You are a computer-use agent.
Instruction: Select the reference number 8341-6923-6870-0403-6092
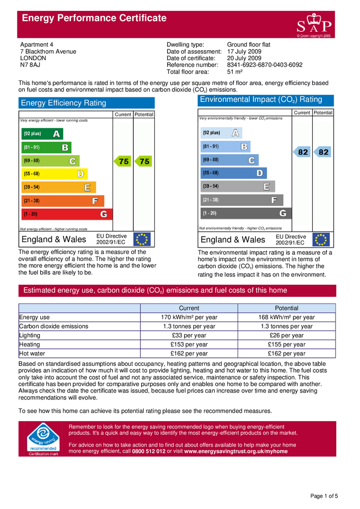(x=265, y=65)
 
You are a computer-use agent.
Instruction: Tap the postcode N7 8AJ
(x=30, y=65)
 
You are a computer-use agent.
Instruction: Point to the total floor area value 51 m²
(x=235, y=72)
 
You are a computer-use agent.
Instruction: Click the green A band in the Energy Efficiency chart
(x=42, y=134)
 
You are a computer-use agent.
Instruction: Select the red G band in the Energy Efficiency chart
(x=67, y=214)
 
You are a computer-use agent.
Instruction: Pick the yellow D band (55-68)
(x=55, y=174)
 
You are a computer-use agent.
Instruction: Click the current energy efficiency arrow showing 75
(x=122, y=162)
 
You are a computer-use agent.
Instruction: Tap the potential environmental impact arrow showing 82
(x=322, y=152)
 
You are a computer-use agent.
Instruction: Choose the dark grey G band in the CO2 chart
(x=246, y=213)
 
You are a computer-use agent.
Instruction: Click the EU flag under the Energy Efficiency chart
(x=142, y=240)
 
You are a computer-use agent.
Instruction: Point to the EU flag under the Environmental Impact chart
(x=321, y=240)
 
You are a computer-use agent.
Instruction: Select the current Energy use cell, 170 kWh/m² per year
(x=189, y=317)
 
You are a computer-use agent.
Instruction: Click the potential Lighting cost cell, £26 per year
(x=286, y=336)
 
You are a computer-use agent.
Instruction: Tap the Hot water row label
(x=32, y=353)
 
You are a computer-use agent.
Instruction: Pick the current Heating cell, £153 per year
(x=189, y=344)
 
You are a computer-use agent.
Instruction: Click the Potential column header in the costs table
(x=286, y=308)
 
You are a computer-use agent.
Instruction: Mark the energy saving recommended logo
(x=43, y=439)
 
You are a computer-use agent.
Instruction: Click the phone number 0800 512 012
(x=149, y=451)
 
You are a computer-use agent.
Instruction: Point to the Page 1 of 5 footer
(x=324, y=496)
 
